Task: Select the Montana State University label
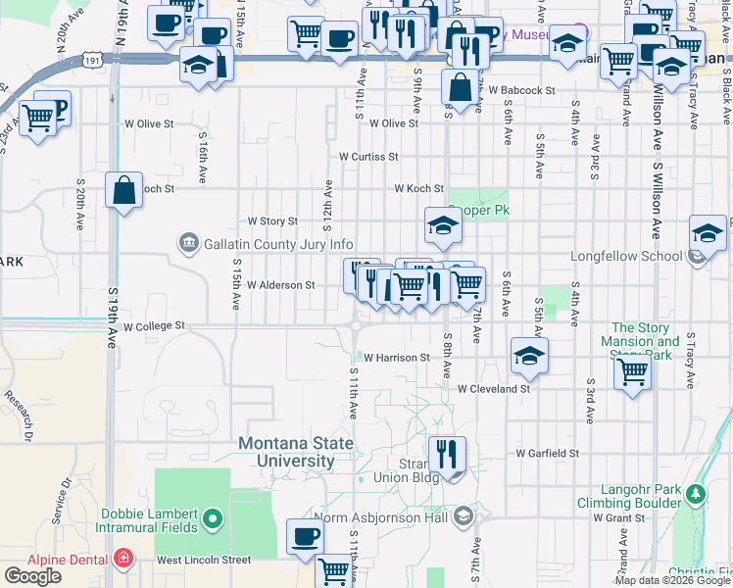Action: pyautogui.click(x=296, y=452)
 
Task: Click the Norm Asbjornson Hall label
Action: pyautogui.click(x=381, y=517)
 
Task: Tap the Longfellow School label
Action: pyautogui.click(x=626, y=257)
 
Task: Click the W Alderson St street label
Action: pyautogui.click(x=280, y=285)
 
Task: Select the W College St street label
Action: pyautogui.click(x=154, y=325)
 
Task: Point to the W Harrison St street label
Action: pyautogui.click(x=397, y=359)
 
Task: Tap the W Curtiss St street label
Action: pyautogui.click(x=367, y=157)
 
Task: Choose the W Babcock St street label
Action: pyautogui.click(x=521, y=90)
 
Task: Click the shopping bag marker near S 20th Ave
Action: pyautogui.click(x=124, y=191)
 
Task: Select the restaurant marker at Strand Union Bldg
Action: pyautogui.click(x=446, y=454)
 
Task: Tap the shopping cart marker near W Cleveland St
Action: pyautogui.click(x=633, y=372)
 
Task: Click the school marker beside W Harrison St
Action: pyautogui.click(x=529, y=356)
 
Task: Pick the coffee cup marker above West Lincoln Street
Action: pyautogui.click(x=305, y=536)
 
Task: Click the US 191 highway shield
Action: pyautogui.click(x=90, y=60)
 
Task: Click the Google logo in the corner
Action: pyautogui.click(x=32, y=576)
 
